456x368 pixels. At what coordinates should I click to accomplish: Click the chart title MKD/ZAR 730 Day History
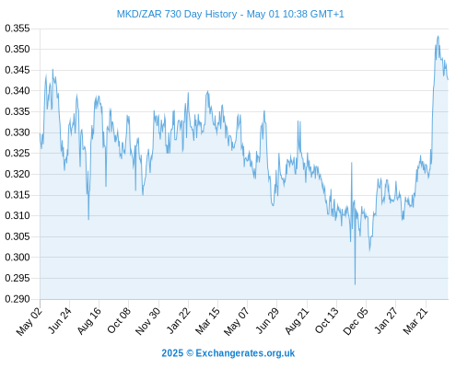[x=177, y=14]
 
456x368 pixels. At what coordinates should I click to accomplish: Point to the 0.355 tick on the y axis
[x=18, y=29]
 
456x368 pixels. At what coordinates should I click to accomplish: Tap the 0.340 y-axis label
[x=18, y=91]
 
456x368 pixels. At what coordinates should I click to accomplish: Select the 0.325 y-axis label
[x=18, y=153]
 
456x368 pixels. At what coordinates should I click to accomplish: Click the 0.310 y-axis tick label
[x=18, y=215]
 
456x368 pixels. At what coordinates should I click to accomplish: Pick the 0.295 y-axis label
[x=18, y=278]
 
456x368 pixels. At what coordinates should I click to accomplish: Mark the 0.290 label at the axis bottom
[x=18, y=299]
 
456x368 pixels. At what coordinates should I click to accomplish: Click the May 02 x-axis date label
[x=29, y=321]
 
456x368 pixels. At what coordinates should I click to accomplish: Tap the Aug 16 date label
[x=89, y=320]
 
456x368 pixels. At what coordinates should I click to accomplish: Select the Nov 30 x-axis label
[x=148, y=321]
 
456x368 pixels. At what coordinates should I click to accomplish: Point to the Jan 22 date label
[x=179, y=320]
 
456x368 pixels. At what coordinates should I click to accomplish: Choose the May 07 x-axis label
[x=237, y=321]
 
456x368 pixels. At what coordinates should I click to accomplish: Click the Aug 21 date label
[x=297, y=320]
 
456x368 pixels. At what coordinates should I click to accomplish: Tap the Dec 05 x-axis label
[x=356, y=321]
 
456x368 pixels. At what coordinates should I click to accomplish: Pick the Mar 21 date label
[x=415, y=320]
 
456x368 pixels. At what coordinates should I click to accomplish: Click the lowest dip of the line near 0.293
[x=356, y=284]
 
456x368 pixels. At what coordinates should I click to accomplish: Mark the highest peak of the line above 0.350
[x=438, y=36]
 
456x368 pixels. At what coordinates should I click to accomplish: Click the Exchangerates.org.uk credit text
[x=245, y=353]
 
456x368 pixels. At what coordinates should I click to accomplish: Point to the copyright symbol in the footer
[x=190, y=353]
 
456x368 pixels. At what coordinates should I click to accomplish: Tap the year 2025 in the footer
[x=172, y=353]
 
